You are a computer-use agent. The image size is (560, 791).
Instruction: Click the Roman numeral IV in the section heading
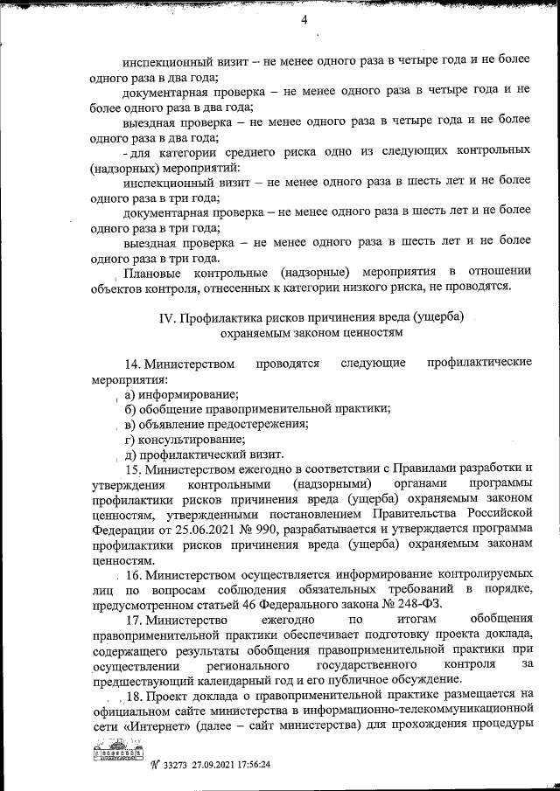pos(167,317)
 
